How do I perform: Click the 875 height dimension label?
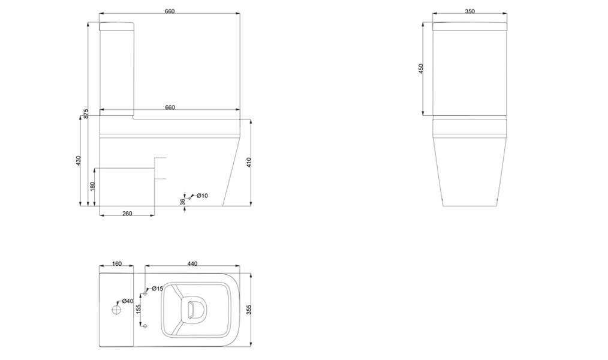tap(86, 113)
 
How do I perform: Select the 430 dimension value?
tap(79, 161)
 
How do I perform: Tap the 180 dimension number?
tap(92, 186)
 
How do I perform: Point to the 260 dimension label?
tap(127, 214)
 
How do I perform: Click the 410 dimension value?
tap(249, 162)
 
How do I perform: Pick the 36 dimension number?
tap(182, 202)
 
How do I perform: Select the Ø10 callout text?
tap(202, 196)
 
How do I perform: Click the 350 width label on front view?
tap(469, 11)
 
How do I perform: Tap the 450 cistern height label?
tap(421, 68)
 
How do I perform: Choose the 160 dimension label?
tap(117, 264)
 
